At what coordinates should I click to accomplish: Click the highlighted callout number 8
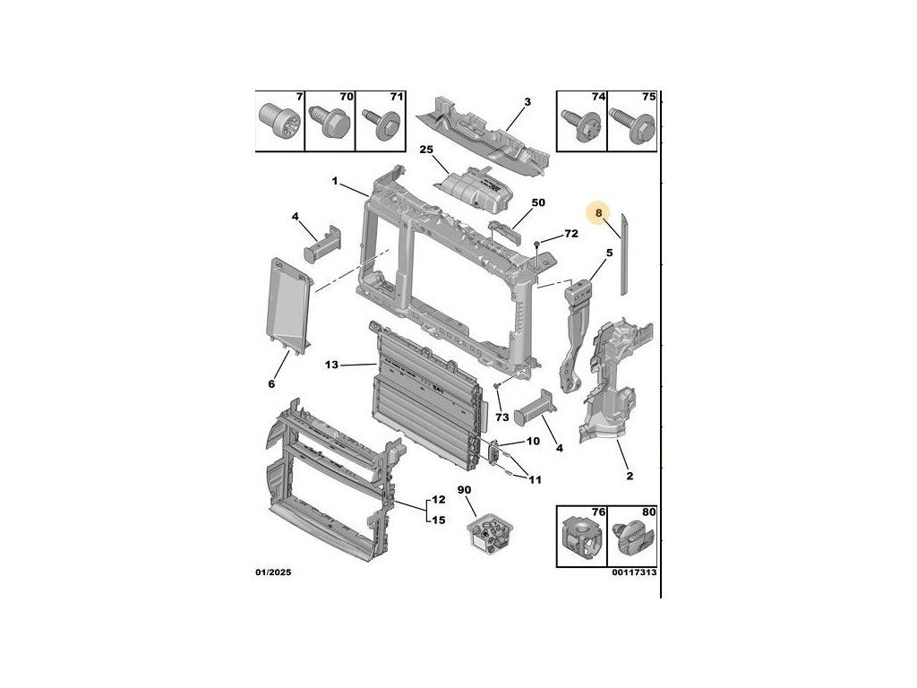click(599, 213)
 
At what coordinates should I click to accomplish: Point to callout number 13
click(332, 365)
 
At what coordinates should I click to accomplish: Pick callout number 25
click(426, 150)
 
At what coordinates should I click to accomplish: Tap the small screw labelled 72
click(536, 244)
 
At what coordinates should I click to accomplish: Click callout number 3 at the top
click(527, 102)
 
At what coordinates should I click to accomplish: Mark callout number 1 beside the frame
click(334, 182)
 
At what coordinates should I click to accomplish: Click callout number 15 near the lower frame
click(439, 520)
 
